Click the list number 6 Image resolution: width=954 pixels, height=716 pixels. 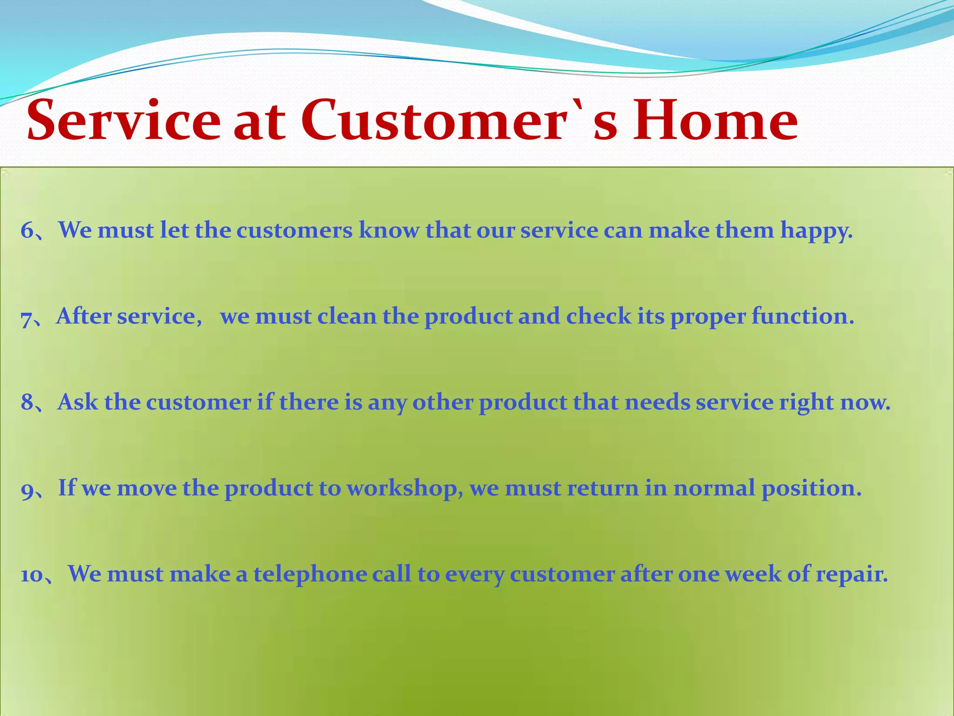27,231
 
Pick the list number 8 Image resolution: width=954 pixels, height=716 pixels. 27,402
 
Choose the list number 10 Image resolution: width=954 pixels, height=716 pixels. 32,575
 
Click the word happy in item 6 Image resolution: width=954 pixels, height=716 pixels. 816,231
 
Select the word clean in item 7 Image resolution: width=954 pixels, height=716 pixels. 347,317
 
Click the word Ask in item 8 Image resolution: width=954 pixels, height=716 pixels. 77,402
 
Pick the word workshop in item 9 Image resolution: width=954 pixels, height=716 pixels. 404,489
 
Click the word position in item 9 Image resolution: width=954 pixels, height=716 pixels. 811,489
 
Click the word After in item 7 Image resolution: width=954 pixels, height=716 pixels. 84,317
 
